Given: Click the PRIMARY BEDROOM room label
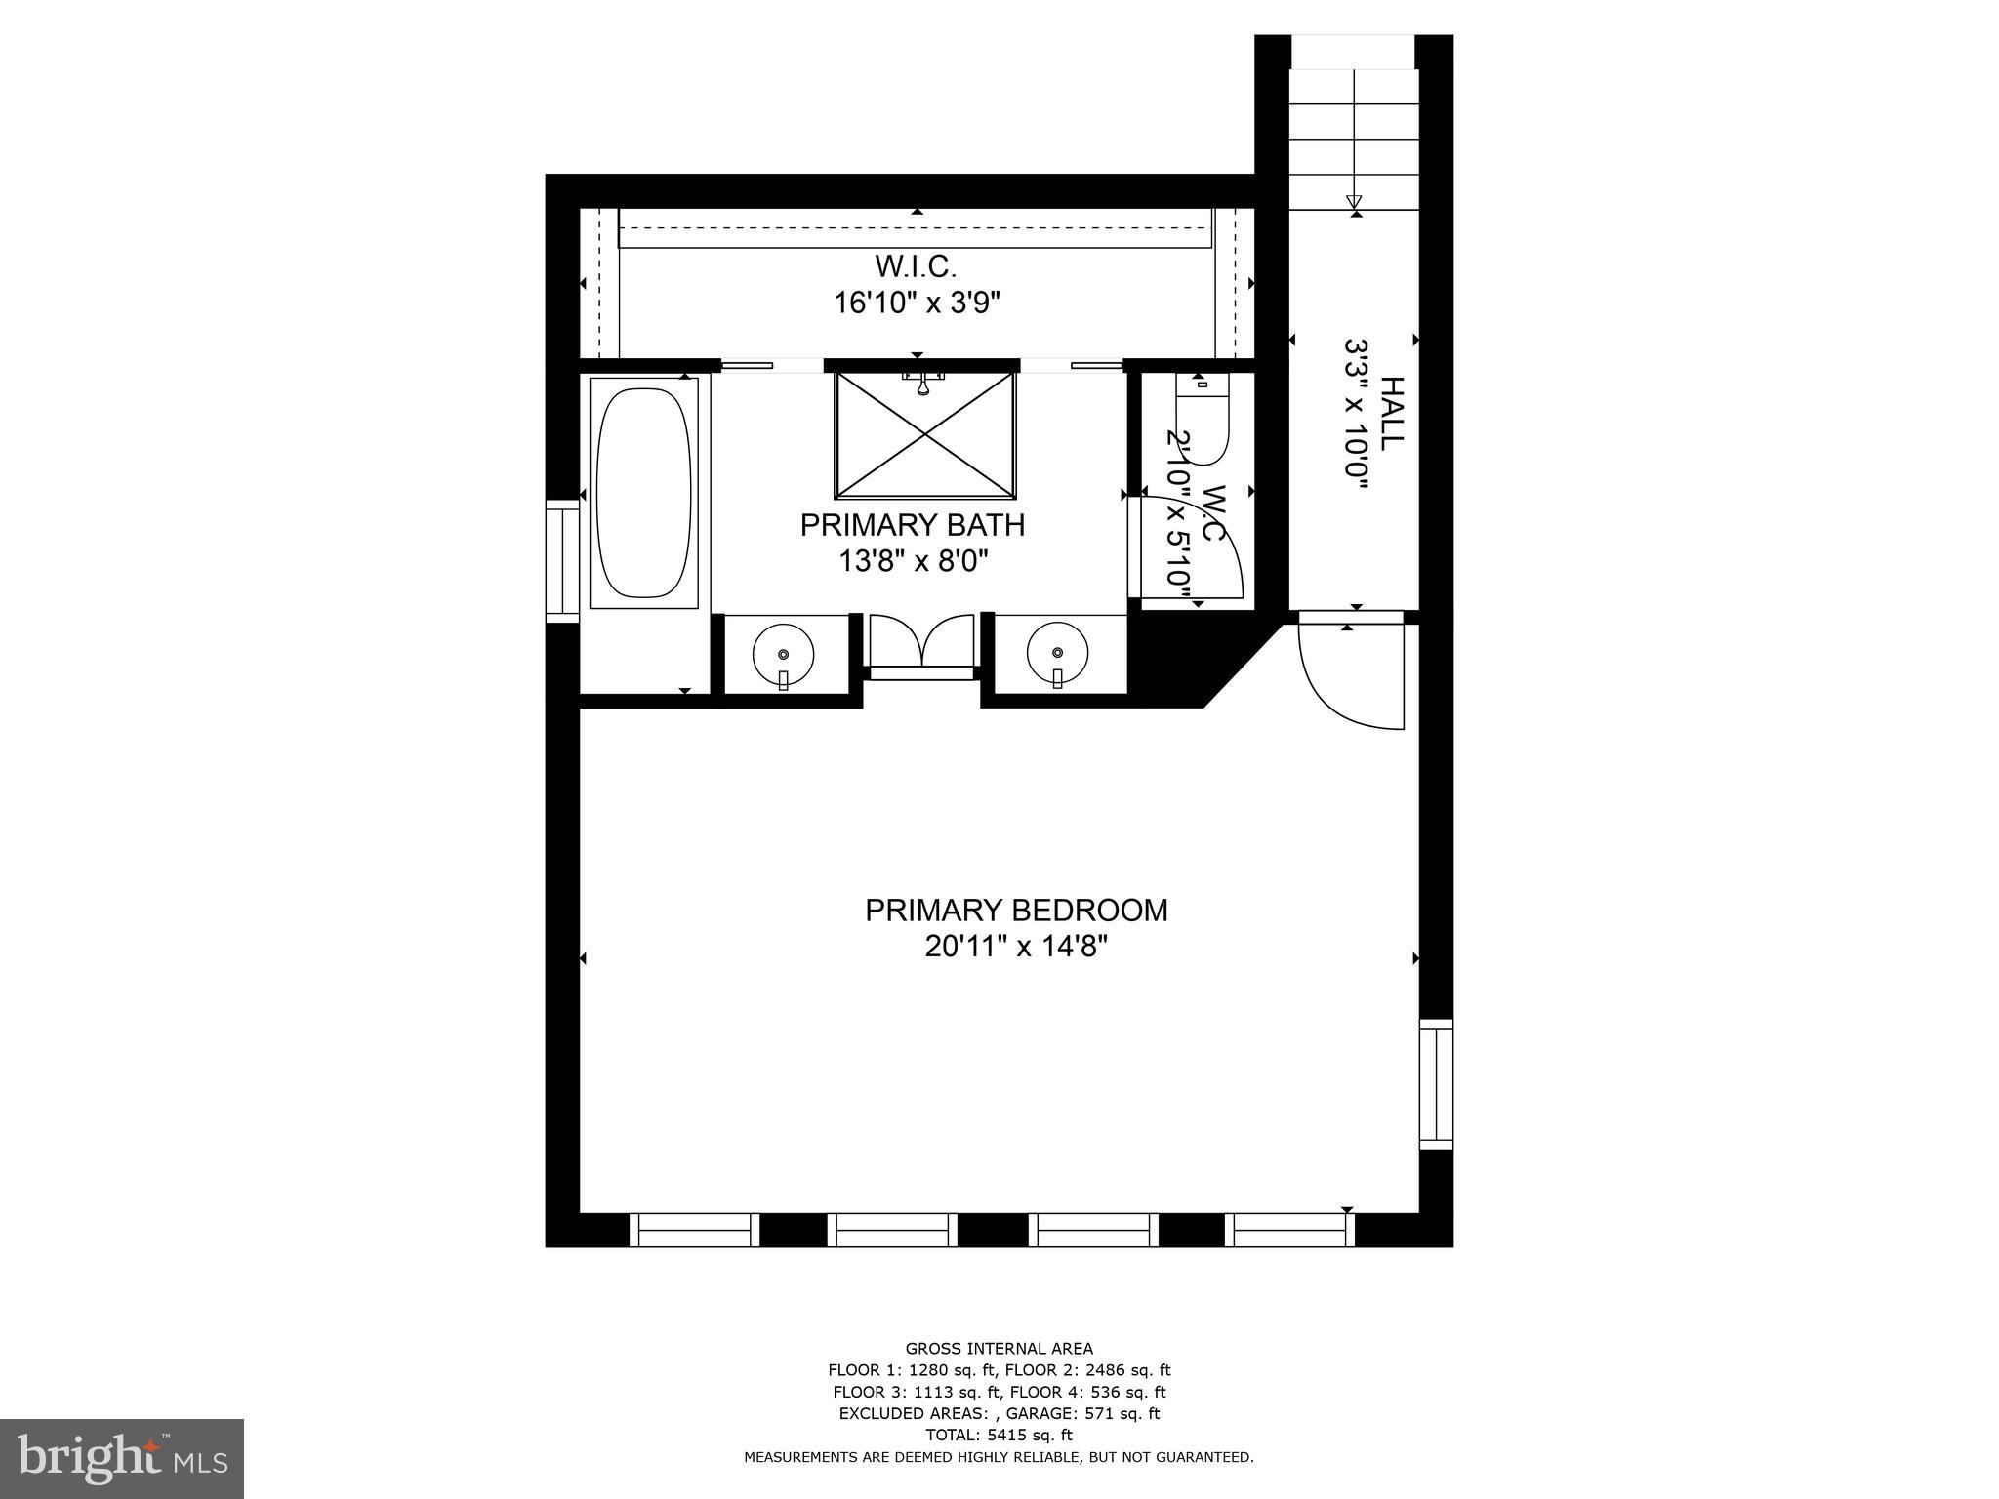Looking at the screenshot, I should coord(1016,910).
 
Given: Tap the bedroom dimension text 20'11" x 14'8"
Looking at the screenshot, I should coord(1016,947).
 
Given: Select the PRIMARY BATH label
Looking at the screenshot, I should coord(913,525).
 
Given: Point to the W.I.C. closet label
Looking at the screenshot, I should coord(916,265).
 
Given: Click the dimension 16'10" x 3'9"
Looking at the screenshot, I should coord(917,304).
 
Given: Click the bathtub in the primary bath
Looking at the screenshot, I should coord(644,493).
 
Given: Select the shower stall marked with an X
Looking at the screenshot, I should coord(924,436).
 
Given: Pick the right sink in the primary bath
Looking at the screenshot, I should coord(1057,652).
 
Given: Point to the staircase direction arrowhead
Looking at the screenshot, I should coord(1354,203).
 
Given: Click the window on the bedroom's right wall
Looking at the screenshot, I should coord(1436,1083).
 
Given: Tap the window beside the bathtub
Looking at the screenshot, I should coord(562,560).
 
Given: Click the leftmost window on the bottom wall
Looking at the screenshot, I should coord(694,1230).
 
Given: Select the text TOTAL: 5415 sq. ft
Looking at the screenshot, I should coord(999,1435).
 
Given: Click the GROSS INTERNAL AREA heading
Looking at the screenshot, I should coord(999,1349).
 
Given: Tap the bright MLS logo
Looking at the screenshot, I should coord(122,1458).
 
